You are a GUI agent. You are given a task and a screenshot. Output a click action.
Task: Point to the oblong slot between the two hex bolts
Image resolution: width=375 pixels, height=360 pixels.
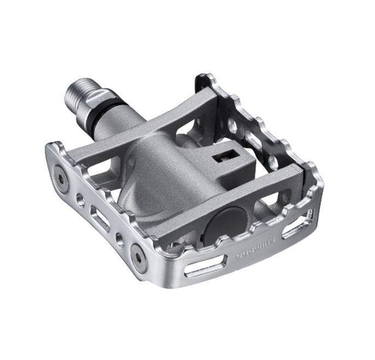pyautogui.click(x=97, y=215)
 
